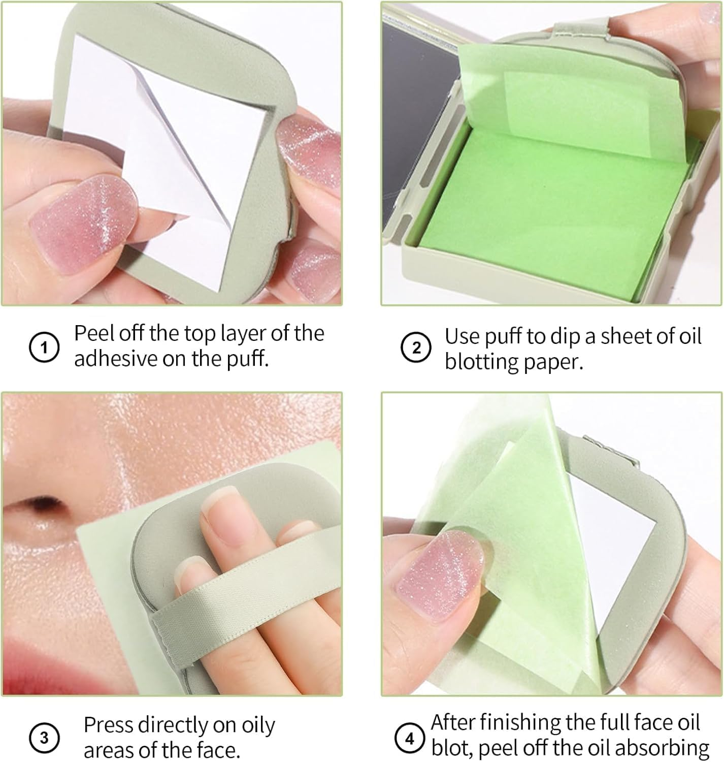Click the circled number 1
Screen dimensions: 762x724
tap(44, 348)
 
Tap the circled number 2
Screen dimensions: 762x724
tap(415, 348)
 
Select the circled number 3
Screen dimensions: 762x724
tap(44, 737)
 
